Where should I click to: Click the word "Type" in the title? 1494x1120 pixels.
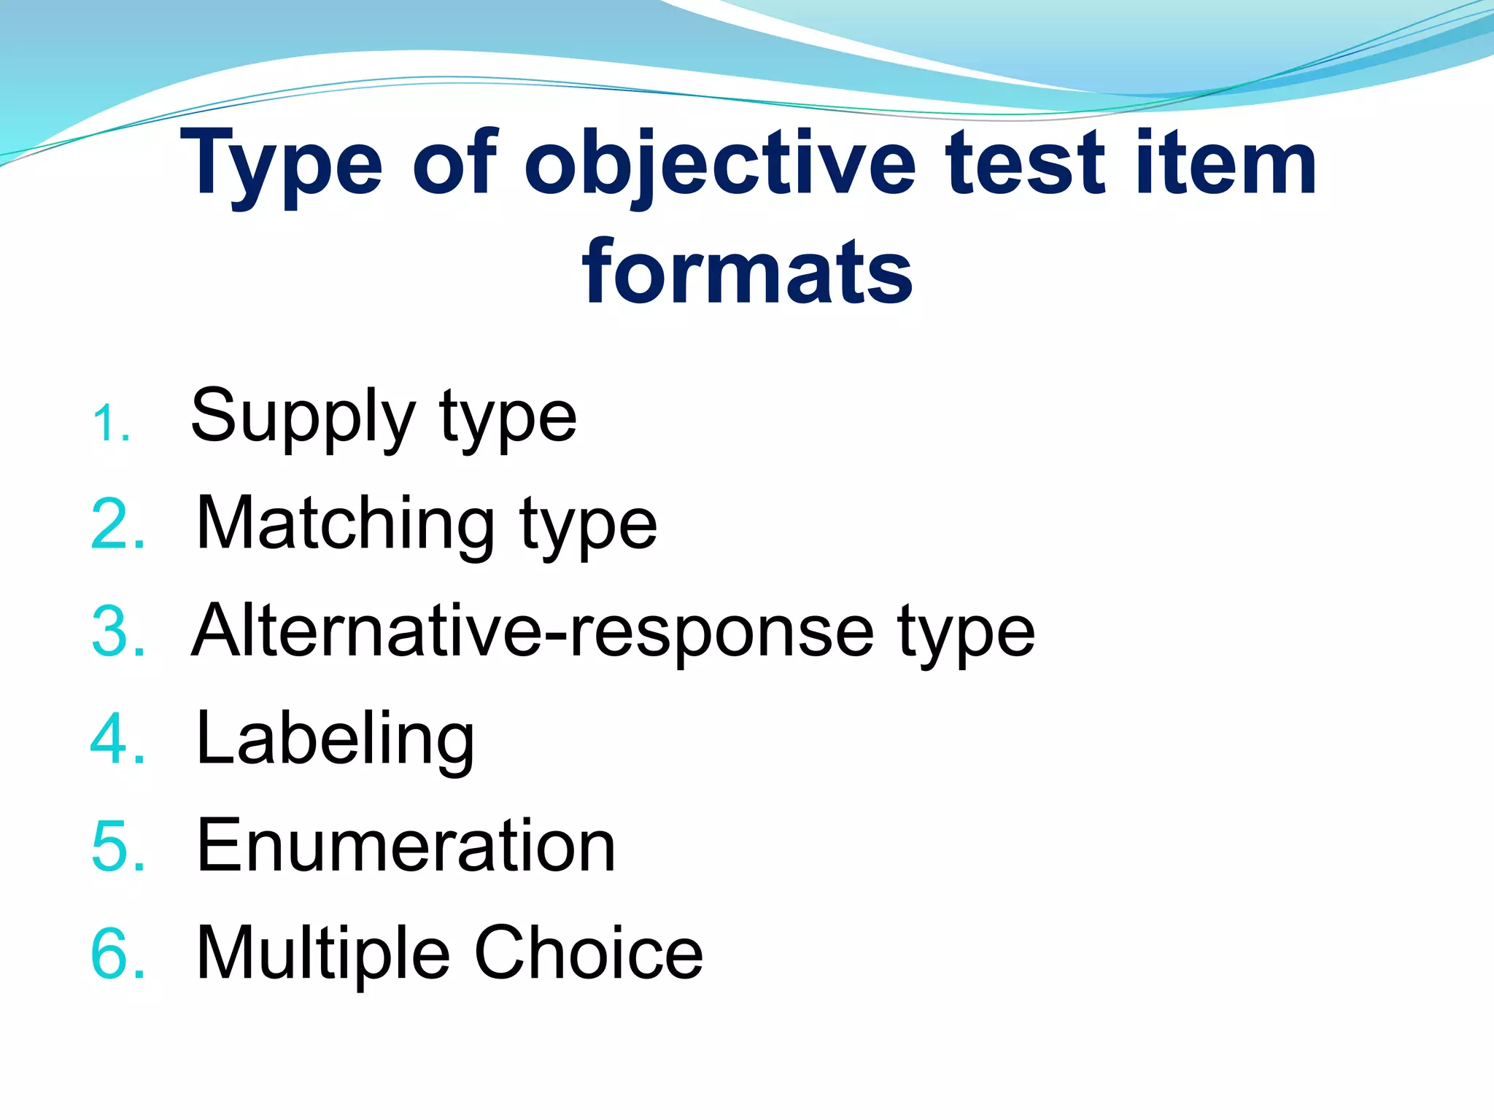tap(282, 165)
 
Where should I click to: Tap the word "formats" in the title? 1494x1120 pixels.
tap(747, 273)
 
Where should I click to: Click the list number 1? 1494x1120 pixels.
tap(111, 424)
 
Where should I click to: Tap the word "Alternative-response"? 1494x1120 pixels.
tap(533, 631)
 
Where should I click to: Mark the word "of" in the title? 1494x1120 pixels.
tap(454, 163)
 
